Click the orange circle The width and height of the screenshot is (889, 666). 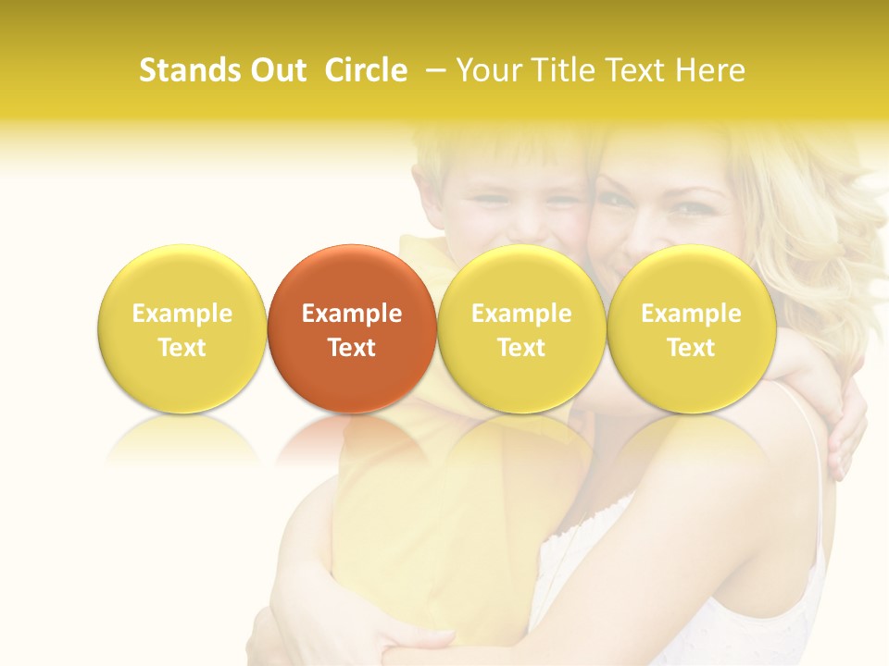(352, 328)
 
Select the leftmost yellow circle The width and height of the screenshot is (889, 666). (182, 328)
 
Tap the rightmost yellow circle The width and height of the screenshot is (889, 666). (691, 328)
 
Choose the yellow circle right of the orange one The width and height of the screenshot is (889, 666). (521, 328)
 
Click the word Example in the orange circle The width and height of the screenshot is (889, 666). (352, 314)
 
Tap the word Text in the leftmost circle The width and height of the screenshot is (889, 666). (182, 348)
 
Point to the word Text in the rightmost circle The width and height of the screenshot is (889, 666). (691, 348)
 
